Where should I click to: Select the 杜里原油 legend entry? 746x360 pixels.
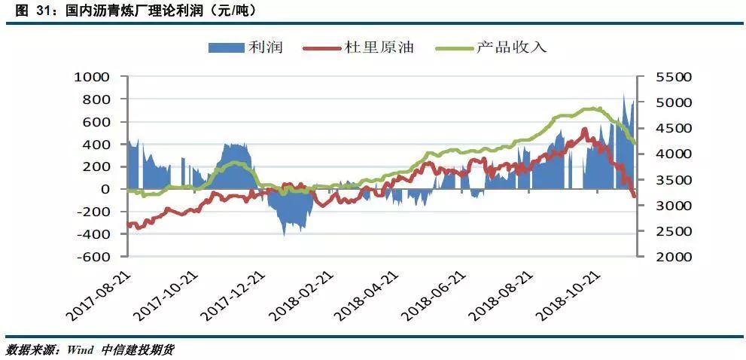coord(369,48)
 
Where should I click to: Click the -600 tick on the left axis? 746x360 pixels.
coord(92,257)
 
